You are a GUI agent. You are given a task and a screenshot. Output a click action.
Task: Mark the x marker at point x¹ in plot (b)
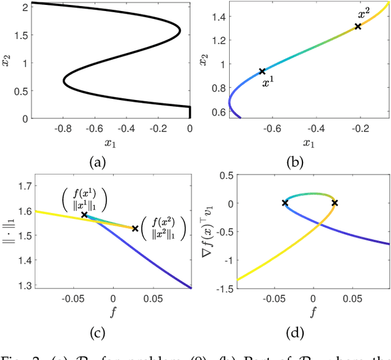(262, 71)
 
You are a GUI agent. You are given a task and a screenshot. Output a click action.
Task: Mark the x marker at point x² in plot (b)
(358, 26)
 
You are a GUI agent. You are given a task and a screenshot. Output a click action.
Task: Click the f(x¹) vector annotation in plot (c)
(84, 199)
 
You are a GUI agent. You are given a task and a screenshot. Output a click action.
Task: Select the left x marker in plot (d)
(285, 203)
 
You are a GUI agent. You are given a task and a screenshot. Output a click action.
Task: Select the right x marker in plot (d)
(335, 203)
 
